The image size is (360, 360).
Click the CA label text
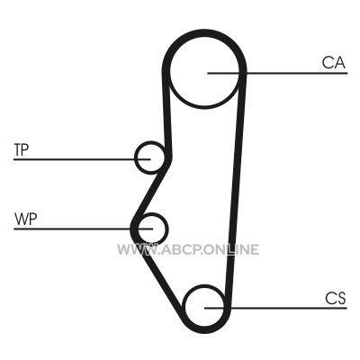[334, 63]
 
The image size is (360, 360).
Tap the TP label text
[22, 149]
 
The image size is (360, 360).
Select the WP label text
[25, 219]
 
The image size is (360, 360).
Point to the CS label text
[336, 298]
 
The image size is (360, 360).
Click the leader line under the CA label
[277, 73]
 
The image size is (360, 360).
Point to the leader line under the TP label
[82, 159]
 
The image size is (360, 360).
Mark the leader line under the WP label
[84, 229]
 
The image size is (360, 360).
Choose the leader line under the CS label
[275, 308]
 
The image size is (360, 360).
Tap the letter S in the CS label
[341, 298]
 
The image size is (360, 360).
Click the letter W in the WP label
[21, 219]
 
